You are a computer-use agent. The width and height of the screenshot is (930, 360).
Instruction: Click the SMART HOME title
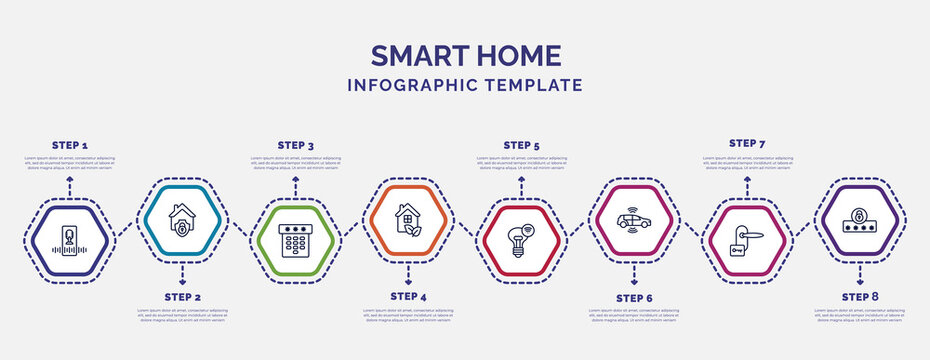pyautogui.click(x=465, y=55)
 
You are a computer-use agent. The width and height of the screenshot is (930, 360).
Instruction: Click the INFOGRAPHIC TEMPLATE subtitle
pyautogui.click(x=465, y=85)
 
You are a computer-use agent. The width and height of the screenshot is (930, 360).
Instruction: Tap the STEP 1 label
pyautogui.click(x=70, y=145)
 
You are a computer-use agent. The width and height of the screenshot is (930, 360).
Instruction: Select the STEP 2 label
pyautogui.click(x=183, y=297)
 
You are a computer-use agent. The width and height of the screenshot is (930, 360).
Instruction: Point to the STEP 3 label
pyautogui.click(x=295, y=145)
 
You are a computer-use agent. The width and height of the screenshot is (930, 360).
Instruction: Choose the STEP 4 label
pyautogui.click(x=408, y=297)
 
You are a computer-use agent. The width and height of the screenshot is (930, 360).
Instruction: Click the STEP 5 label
pyautogui.click(x=521, y=145)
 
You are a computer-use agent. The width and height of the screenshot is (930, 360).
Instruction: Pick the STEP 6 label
pyautogui.click(x=634, y=297)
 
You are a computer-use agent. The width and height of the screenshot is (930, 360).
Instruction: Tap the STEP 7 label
pyautogui.click(x=747, y=143)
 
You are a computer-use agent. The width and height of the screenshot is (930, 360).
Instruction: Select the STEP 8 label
pyautogui.click(x=860, y=297)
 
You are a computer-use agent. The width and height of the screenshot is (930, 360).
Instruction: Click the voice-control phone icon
pyautogui.click(x=70, y=241)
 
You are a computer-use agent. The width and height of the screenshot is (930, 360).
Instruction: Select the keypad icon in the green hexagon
pyautogui.click(x=295, y=241)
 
